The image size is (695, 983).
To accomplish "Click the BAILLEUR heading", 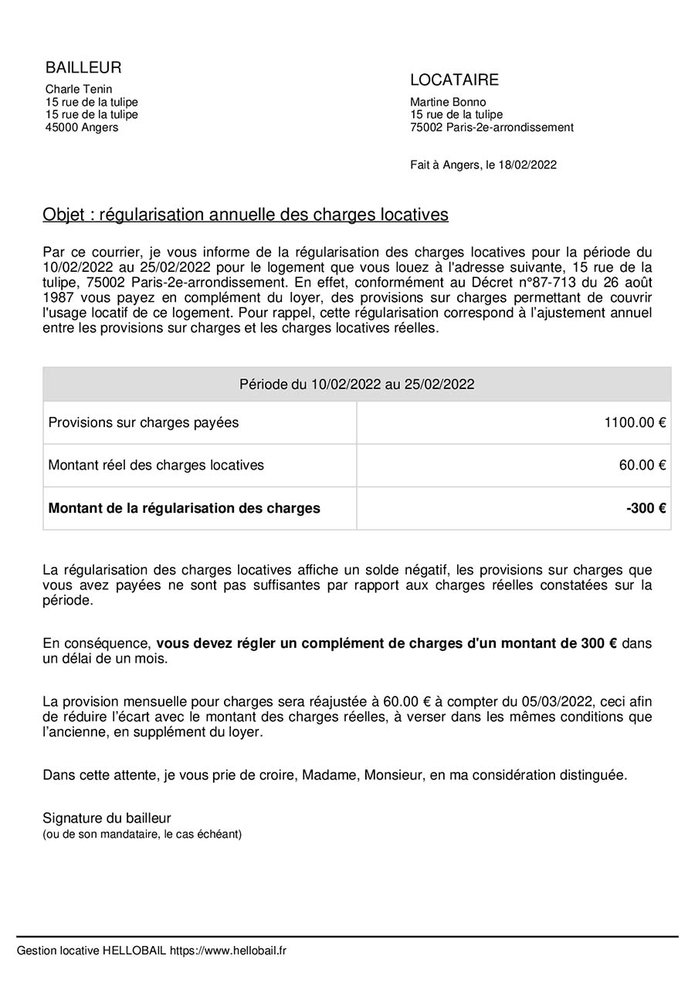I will (83, 68).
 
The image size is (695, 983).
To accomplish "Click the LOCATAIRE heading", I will (454, 80).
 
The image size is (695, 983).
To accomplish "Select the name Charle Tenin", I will (79, 90).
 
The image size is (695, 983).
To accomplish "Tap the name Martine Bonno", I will (448, 102).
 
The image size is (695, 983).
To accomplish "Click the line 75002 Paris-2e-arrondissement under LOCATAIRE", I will (492, 127).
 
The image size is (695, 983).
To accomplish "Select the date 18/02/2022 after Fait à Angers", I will (527, 164).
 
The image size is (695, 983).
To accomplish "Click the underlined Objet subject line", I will (246, 215).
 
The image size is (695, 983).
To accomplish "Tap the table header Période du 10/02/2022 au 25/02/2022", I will (357, 385).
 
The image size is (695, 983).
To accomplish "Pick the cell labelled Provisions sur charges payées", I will (144, 422).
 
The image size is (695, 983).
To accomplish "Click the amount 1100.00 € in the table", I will (636, 422).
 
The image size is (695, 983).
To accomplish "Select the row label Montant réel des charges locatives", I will (156, 465).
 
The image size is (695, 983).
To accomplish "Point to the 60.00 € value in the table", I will (642, 465).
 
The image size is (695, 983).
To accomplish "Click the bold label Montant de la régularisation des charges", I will (184, 508).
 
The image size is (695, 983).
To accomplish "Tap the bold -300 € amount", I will (646, 508).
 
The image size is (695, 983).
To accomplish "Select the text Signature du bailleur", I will (107, 818).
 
